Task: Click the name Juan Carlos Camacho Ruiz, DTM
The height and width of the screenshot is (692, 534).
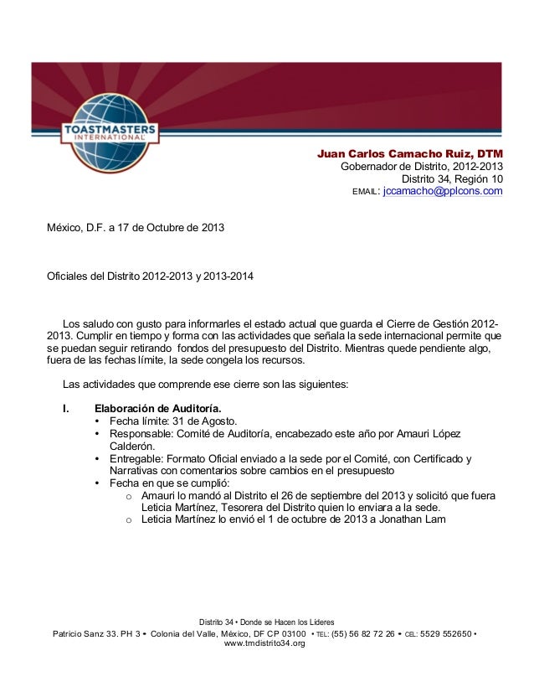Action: click(409, 153)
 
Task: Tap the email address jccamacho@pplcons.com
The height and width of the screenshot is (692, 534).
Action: click(442, 191)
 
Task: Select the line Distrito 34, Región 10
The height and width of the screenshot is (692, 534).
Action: click(453, 178)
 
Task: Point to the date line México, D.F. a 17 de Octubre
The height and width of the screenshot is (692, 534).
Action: click(136, 228)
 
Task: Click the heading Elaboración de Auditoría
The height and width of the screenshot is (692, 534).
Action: click(157, 408)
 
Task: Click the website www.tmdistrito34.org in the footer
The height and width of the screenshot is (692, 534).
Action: click(265, 643)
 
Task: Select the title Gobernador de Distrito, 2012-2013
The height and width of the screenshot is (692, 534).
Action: click(422, 166)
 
